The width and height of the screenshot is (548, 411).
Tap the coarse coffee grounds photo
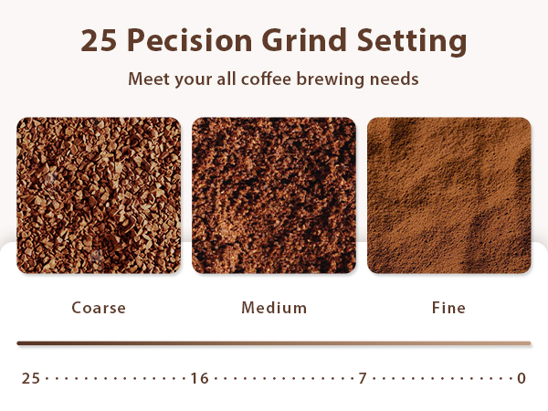tap(99, 195)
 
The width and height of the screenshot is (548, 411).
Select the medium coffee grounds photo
tap(274, 195)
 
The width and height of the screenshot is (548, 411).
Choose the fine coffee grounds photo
tap(448, 195)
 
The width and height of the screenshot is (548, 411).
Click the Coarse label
tap(99, 308)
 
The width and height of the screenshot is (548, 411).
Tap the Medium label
tap(274, 308)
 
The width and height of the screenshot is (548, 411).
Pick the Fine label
tap(448, 308)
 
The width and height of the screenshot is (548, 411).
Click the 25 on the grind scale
tap(31, 378)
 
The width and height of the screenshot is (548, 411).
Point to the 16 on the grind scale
tap(199, 378)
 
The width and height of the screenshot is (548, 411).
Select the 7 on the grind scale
tap(363, 378)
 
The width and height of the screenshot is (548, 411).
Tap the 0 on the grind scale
tap(522, 378)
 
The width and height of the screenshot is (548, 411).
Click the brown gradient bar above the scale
tap(274, 343)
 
